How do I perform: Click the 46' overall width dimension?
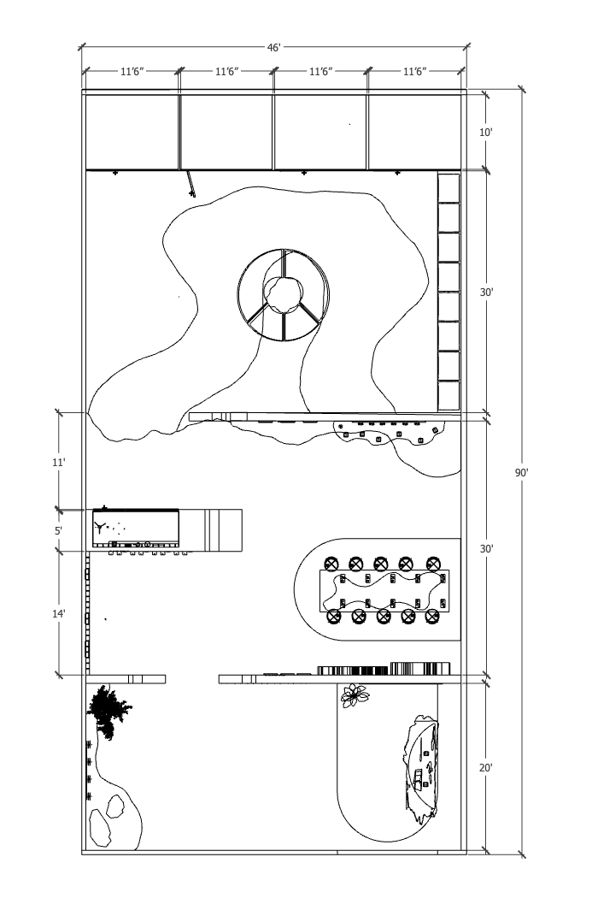tap(274, 48)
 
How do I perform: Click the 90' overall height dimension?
tap(521, 472)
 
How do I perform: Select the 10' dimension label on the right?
tap(486, 132)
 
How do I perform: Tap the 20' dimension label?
tap(486, 768)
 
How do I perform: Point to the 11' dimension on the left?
tap(58, 462)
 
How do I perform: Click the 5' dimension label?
tap(58, 530)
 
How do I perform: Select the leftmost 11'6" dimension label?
tap(132, 72)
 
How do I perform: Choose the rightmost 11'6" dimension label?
tap(414, 72)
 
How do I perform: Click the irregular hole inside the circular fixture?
tap(284, 293)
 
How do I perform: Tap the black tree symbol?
tap(108, 712)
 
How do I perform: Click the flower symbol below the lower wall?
tap(355, 695)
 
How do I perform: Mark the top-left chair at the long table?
tap(331, 564)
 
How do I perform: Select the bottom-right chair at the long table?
tap(432, 617)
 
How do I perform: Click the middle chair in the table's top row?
tap(381, 564)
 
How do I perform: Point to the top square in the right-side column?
tap(449, 187)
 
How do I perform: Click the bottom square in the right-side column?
tap(449, 396)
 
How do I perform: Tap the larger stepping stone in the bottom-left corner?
tap(100, 828)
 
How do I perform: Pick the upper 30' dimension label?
tap(486, 293)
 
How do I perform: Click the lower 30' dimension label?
tap(486, 548)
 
